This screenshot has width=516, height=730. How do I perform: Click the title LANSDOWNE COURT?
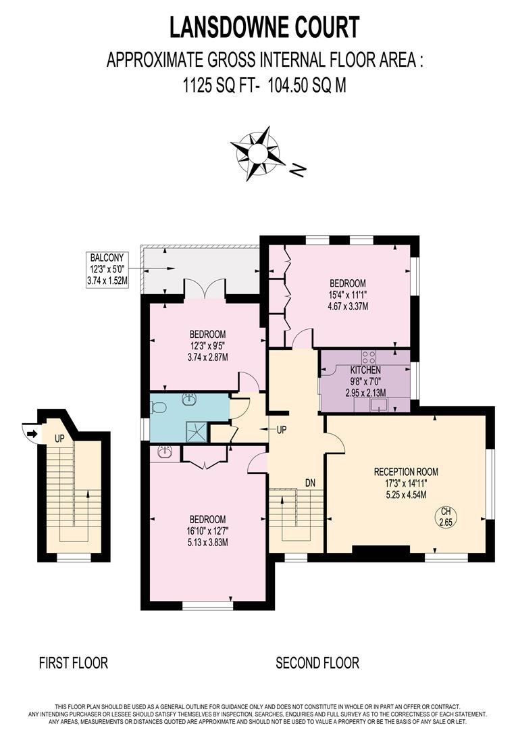pyautogui.click(x=264, y=28)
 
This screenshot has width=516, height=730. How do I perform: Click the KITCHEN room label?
pyautogui.click(x=365, y=370)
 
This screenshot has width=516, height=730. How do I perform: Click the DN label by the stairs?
pyautogui.click(x=311, y=483)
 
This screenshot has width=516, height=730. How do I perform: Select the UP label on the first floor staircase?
pyautogui.click(x=59, y=439)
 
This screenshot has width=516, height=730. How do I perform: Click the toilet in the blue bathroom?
pyautogui.click(x=158, y=408)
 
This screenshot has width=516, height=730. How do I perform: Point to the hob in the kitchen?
pyautogui.click(x=369, y=357)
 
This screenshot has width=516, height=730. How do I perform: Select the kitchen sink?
pyautogui.click(x=380, y=405)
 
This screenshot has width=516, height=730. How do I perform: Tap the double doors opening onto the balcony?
pyautogui.click(x=204, y=290)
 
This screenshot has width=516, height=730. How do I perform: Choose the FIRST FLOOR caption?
pyautogui.click(x=73, y=662)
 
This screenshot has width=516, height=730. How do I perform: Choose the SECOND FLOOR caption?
pyautogui.click(x=317, y=662)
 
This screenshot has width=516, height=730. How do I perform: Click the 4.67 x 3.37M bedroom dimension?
pyautogui.click(x=348, y=306)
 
